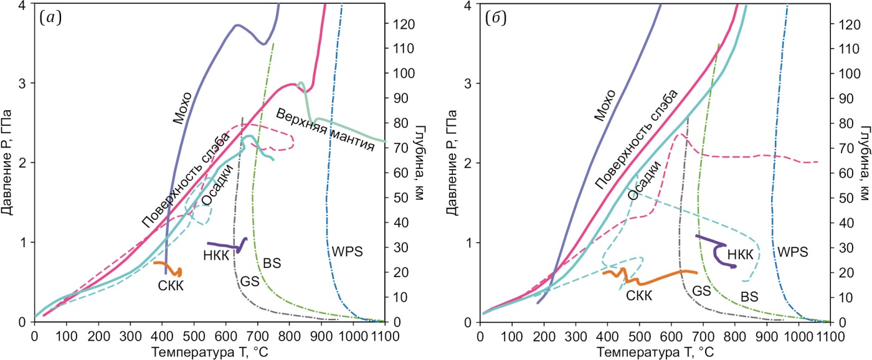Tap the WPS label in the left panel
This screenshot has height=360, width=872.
(346, 252)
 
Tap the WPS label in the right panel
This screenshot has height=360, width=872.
(792, 252)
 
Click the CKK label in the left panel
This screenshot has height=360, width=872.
(171, 285)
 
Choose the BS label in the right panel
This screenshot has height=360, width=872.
(749, 296)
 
